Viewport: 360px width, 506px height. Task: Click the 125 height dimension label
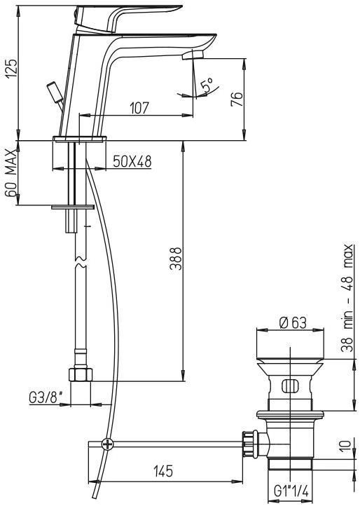(x=11, y=68)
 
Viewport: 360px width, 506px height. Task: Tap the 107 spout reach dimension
(x=139, y=108)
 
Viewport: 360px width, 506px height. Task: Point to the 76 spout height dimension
(x=237, y=100)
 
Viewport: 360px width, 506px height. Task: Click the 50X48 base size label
(x=132, y=162)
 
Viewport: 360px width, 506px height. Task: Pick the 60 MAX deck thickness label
(x=11, y=173)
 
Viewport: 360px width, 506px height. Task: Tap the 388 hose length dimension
(x=176, y=259)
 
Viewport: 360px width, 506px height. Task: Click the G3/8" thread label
(x=45, y=397)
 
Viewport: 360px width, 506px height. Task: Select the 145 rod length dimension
(x=163, y=472)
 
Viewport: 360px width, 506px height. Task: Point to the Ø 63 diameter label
(x=293, y=322)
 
